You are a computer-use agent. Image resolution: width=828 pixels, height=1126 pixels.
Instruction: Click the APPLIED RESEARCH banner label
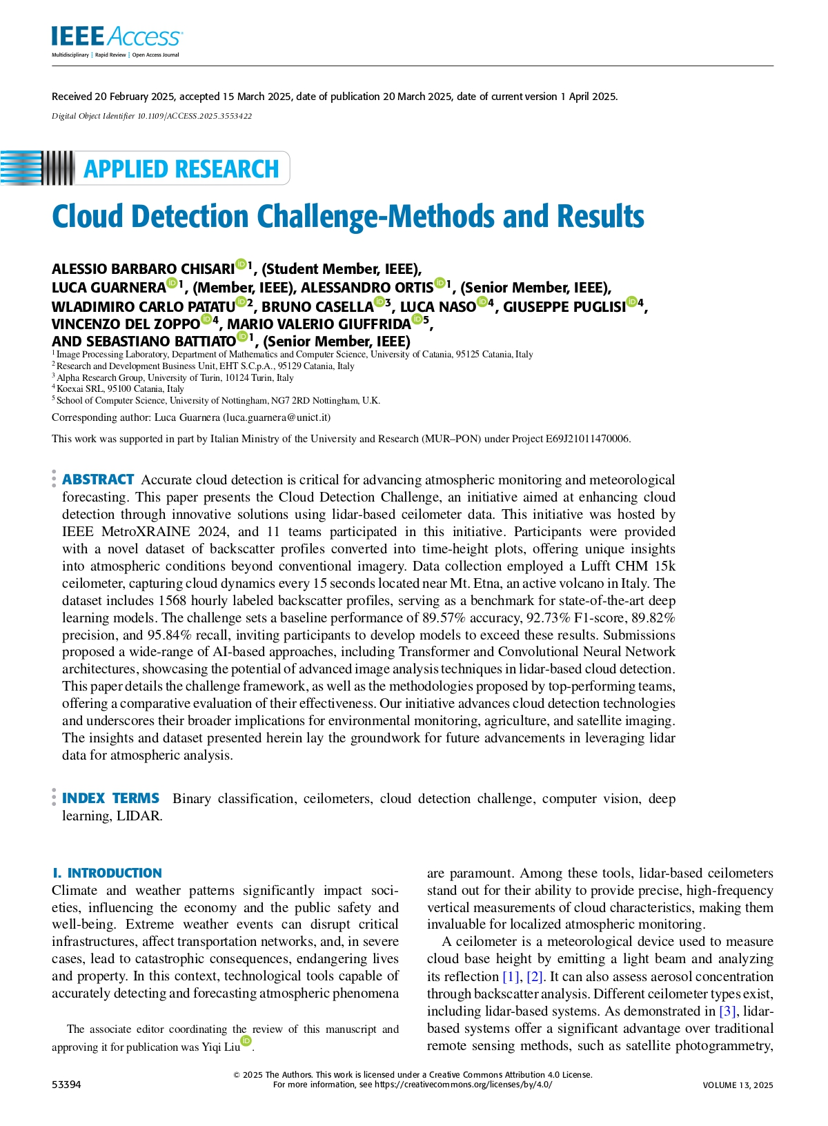tap(181, 169)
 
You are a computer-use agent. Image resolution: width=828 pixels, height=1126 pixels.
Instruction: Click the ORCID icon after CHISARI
tap(241, 264)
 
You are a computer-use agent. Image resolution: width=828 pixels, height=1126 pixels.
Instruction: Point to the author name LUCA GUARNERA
tap(108, 288)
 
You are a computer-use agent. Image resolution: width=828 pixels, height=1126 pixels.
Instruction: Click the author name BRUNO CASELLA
tap(317, 307)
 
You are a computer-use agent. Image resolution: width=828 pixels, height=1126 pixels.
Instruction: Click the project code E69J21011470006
tap(587, 439)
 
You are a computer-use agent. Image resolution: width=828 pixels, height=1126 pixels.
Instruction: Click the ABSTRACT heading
tap(98, 480)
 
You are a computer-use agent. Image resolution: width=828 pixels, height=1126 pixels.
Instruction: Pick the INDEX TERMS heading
tap(110, 798)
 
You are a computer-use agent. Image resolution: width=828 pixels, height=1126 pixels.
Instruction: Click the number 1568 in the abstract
tap(172, 600)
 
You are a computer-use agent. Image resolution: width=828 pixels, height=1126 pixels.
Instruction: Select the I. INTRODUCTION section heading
tap(107, 873)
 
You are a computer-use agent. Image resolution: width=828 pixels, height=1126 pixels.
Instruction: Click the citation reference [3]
tap(727, 1011)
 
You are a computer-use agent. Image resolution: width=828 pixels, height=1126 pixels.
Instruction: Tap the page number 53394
tap(66, 1085)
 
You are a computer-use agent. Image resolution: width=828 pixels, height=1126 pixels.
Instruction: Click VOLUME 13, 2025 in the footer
tap(738, 1085)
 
